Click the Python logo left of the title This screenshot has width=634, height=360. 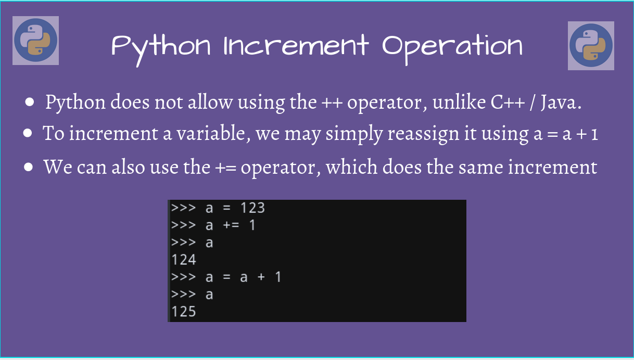35,41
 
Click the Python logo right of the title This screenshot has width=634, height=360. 591,45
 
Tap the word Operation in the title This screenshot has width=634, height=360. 452,47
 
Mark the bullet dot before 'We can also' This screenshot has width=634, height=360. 30,168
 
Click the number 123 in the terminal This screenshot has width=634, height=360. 252,208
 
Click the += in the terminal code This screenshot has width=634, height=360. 231,225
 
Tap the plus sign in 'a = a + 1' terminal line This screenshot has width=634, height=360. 260,277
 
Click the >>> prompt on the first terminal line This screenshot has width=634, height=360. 183,208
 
